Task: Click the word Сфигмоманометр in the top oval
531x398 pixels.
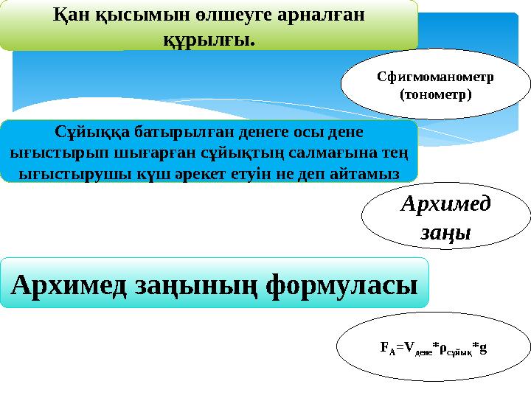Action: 435,77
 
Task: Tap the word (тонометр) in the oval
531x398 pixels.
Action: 435,95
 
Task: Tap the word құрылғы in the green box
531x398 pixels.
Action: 206,38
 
